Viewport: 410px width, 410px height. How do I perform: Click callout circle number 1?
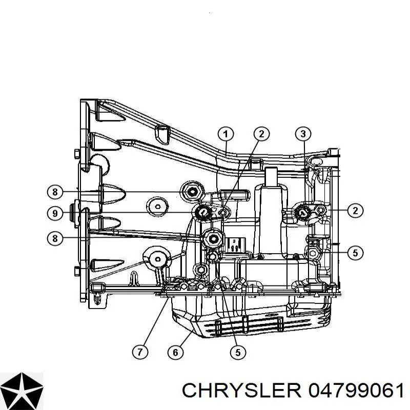pyautogui.click(x=225, y=134)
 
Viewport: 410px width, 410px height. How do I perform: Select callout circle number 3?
pyautogui.click(x=303, y=134)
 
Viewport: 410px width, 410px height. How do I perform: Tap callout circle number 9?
pyautogui.click(x=55, y=213)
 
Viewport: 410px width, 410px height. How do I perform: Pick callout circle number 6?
pyautogui.click(x=175, y=353)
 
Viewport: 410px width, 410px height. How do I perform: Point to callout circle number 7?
pyautogui.click(x=140, y=352)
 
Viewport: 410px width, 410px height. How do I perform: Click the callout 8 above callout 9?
pyautogui.click(x=55, y=192)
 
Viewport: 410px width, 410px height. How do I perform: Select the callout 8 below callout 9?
pyautogui.click(x=55, y=238)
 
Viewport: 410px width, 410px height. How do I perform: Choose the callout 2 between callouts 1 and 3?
pyautogui.click(x=261, y=134)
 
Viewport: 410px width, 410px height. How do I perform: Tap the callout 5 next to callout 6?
pyautogui.click(x=238, y=352)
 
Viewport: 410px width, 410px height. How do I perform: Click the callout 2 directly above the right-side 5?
pyautogui.click(x=355, y=211)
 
